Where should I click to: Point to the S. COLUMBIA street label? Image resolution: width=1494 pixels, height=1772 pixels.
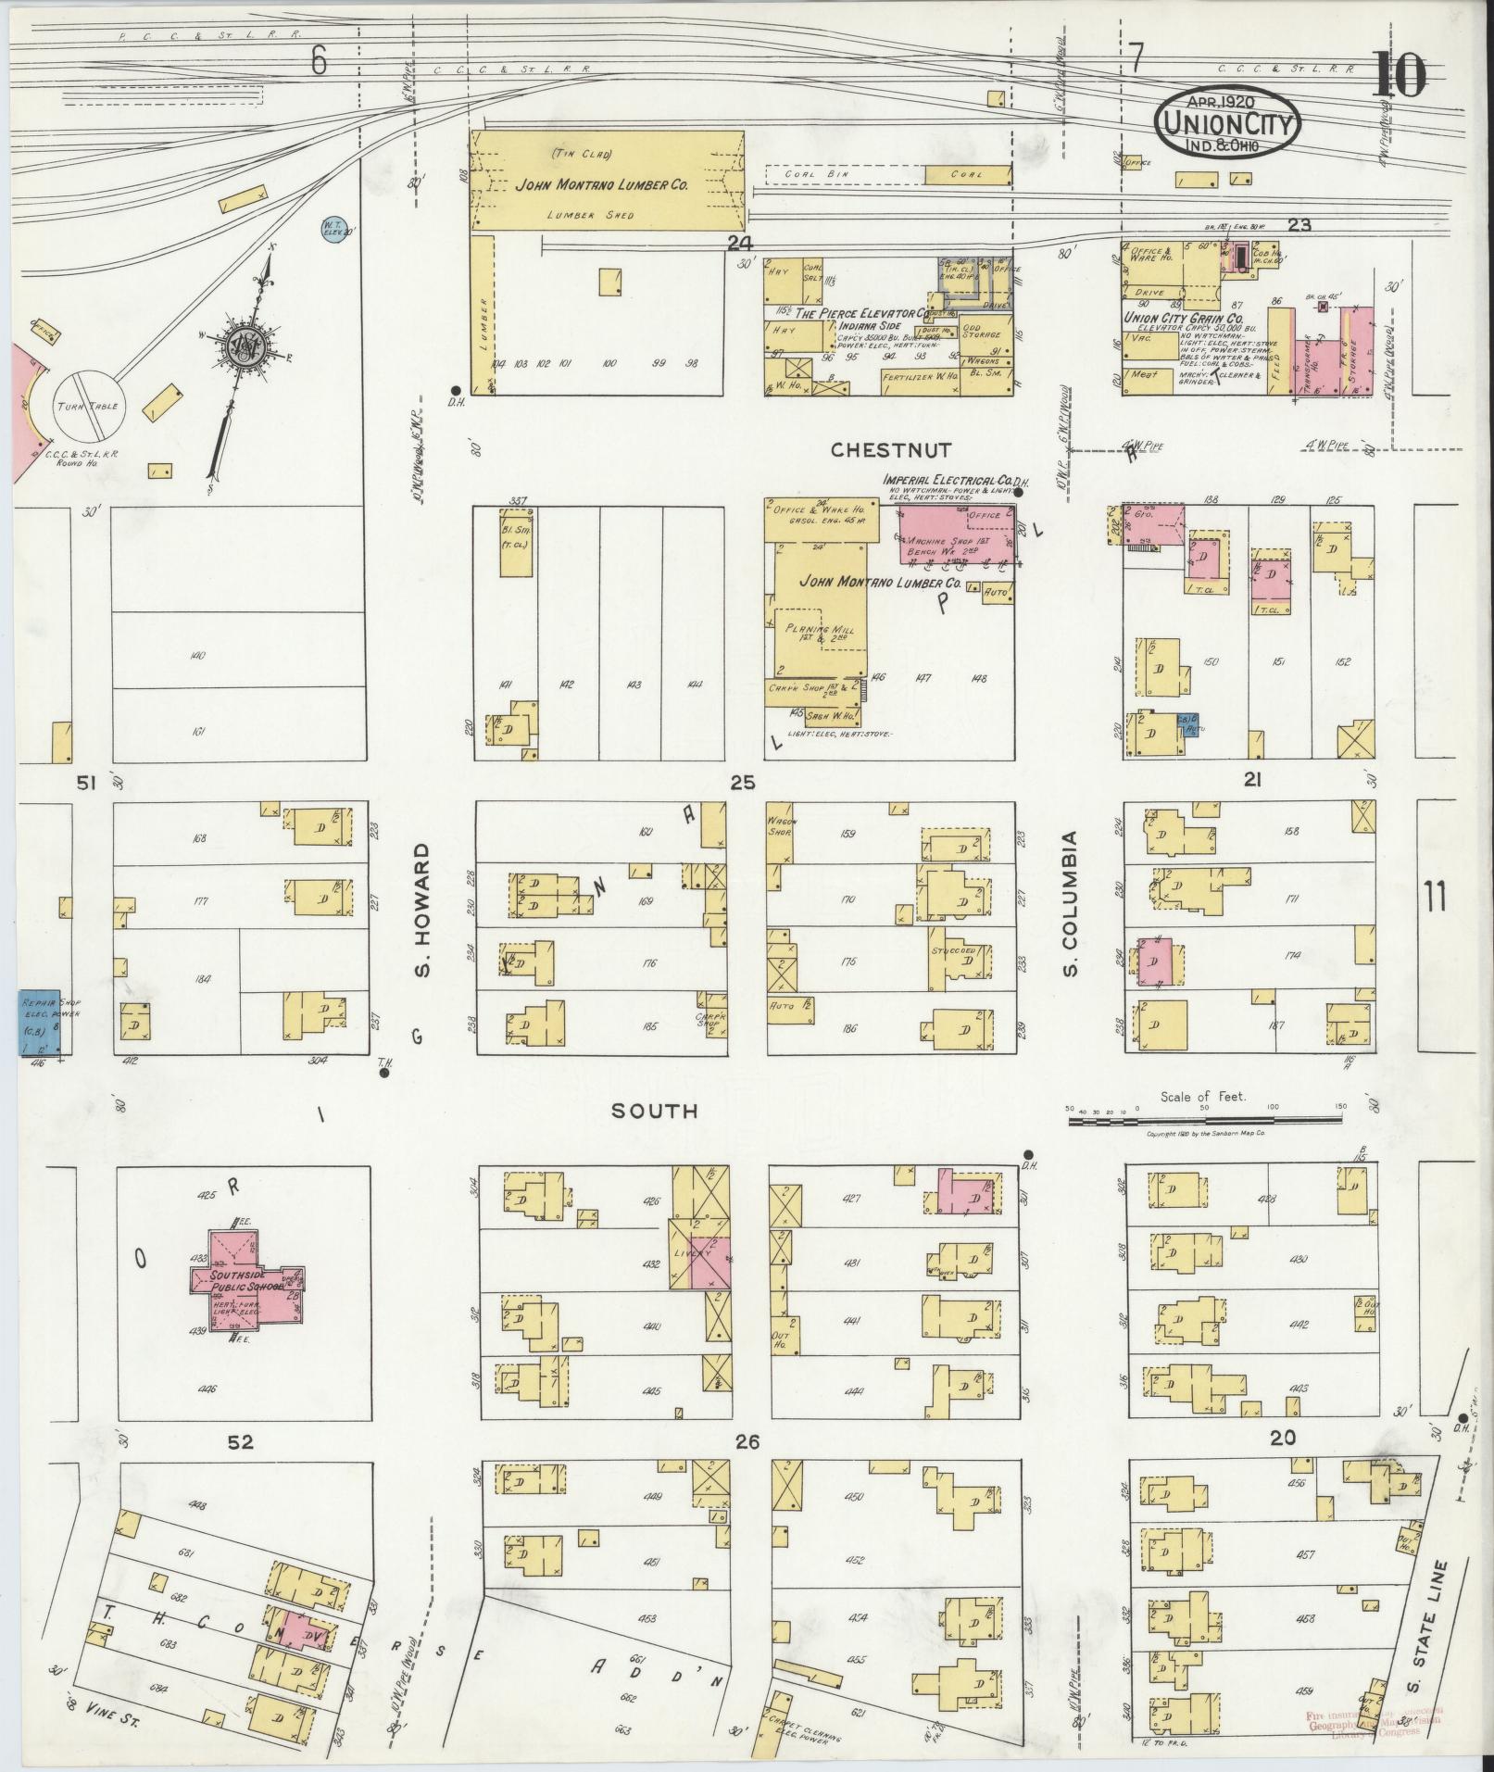1073,903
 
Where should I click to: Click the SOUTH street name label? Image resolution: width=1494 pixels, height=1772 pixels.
654,1111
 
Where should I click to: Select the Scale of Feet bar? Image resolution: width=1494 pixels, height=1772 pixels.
1204,1120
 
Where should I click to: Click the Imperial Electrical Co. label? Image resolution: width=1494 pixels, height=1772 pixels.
946,481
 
